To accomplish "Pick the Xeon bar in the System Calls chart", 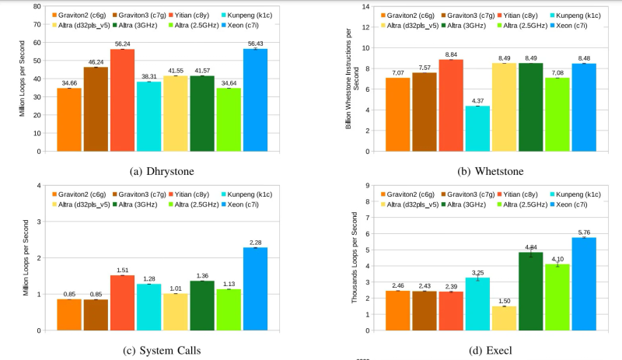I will pos(256,288).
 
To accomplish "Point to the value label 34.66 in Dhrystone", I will pos(69,84).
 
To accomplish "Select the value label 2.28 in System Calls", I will pos(256,242).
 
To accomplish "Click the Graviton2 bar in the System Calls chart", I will pos(69,314).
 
